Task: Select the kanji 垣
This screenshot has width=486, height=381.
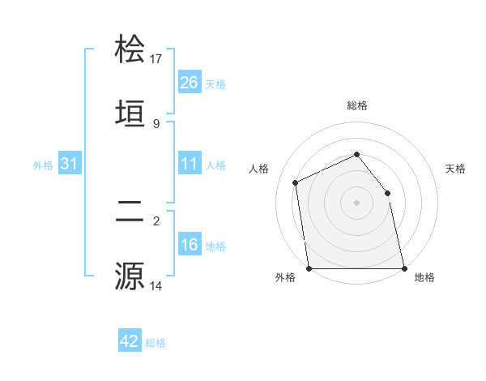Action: click(130, 113)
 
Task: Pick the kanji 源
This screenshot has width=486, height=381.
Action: click(130, 275)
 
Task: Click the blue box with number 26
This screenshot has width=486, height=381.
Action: click(190, 83)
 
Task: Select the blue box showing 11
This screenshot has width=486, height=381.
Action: click(190, 164)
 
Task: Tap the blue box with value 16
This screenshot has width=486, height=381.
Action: click(190, 245)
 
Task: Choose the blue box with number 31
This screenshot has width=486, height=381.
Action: click(70, 164)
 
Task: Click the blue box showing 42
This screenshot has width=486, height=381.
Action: click(130, 341)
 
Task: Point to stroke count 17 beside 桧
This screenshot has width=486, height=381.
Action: click(156, 58)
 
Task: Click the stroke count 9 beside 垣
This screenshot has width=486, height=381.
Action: click(156, 123)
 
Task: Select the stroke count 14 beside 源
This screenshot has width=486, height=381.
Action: click(156, 285)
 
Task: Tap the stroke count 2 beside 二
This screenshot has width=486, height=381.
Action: click(156, 220)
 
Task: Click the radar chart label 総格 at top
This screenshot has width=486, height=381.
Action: click(357, 105)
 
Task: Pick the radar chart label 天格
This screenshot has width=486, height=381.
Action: click(455, 169)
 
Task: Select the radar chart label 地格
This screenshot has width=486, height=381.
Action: click(424, 277)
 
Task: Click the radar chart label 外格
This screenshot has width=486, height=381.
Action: click(285, 277)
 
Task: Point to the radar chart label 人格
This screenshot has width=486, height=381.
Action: click(259, 169)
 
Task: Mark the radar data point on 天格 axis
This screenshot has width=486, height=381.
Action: click(387, 193)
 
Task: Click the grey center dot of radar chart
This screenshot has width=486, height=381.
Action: click(357, 203)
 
